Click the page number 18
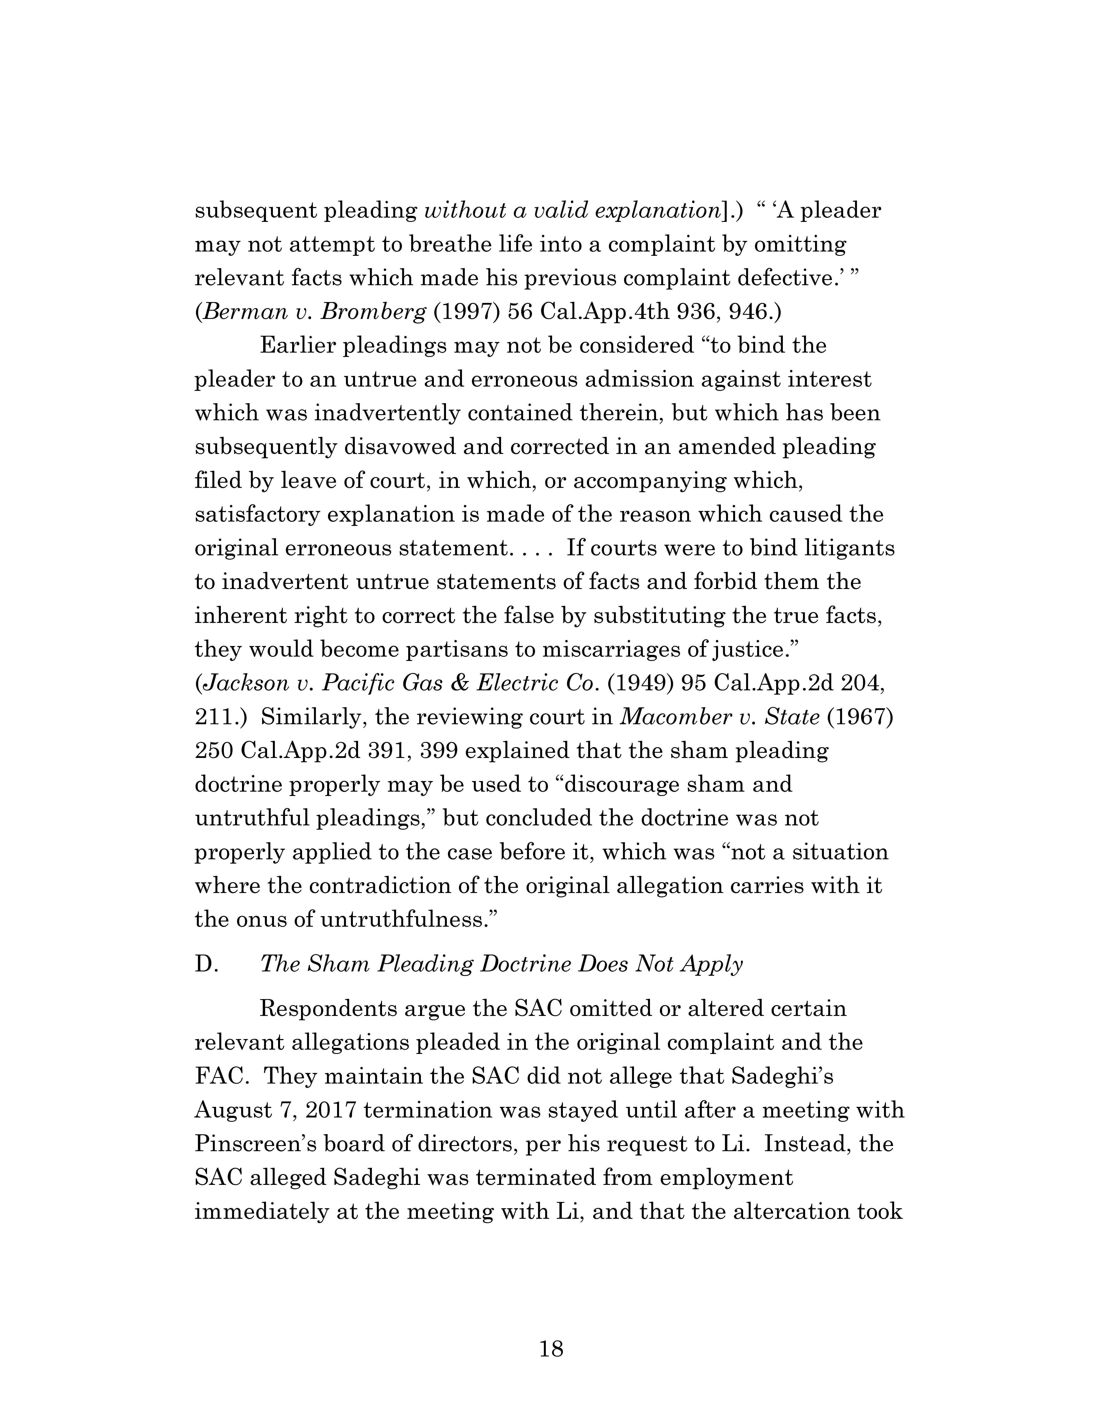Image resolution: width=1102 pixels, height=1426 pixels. click(x=551, y=1349)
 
